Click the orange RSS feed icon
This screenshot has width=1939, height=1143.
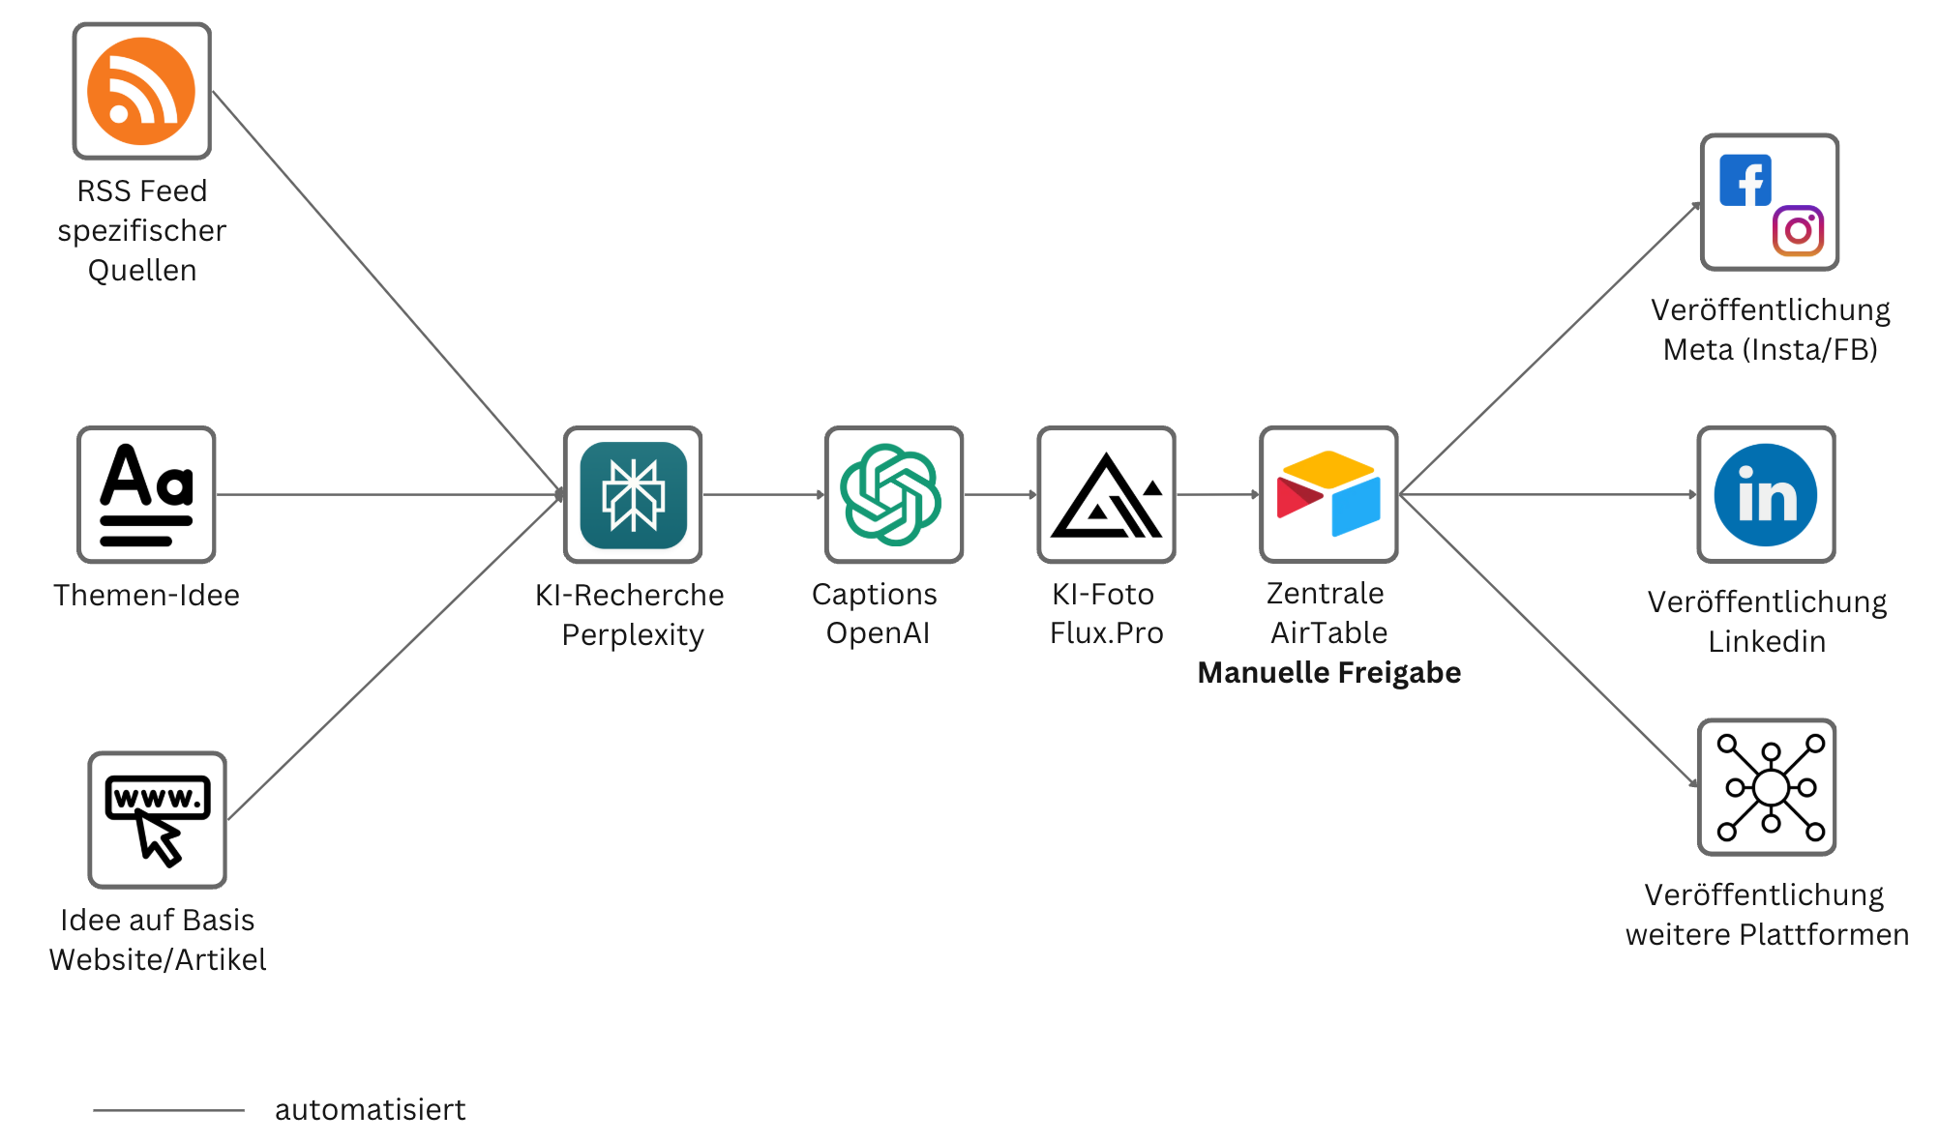(141, 91)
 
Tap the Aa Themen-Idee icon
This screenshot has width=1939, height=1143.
(146, 494)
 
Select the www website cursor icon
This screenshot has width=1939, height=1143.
(157, 819)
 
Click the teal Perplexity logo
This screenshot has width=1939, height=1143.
(633, 494)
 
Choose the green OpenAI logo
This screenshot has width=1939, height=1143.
(892, 494)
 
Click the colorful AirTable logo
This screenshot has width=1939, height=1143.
(1328, 494)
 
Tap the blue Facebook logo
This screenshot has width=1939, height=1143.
(1745, 181)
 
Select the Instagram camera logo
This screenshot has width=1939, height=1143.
(1798, 230)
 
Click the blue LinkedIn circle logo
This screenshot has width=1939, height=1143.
(1765, 494)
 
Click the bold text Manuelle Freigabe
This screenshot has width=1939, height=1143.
(1328, 672)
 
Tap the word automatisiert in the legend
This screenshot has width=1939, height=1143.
(370, 1109)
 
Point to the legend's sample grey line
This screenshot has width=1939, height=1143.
(168, 1110)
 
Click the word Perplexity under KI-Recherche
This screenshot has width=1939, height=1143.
(633, 634)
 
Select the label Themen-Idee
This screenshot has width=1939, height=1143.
(146, 595)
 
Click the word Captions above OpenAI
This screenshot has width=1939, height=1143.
(874, 594)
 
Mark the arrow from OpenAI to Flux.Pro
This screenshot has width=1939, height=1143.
(1000, 494)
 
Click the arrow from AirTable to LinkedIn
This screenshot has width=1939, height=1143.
(1548, 494)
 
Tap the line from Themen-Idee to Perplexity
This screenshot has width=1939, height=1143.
(387, 494)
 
